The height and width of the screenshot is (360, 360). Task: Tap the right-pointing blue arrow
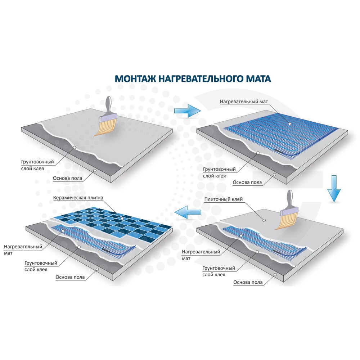187,111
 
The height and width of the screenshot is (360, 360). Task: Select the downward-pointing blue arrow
334,189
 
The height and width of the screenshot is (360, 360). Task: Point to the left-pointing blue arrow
188,212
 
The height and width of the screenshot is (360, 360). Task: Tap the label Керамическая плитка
78,198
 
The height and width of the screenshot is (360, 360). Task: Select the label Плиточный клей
224,199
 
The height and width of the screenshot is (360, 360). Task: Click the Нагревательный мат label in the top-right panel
244,102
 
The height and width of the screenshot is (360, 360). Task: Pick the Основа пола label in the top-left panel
68,179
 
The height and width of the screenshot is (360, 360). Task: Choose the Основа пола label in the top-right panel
247,182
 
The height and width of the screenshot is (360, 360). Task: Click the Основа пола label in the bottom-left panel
70,277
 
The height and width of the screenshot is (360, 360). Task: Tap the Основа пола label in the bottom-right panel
248,282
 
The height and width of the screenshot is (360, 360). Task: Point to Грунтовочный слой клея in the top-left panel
37,165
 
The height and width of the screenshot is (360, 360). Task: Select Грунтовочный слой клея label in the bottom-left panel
41,266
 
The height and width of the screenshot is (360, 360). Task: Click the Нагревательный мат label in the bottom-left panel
23,250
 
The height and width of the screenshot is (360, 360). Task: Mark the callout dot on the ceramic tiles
122,219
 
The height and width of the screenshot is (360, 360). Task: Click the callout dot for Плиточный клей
264,220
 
